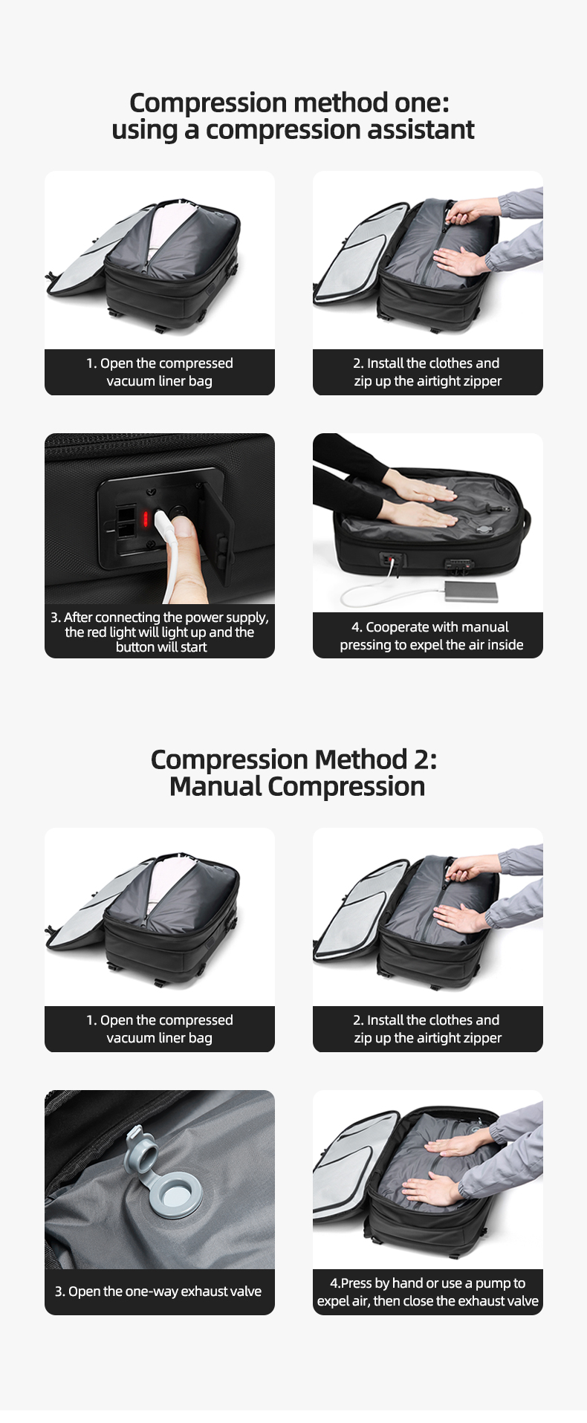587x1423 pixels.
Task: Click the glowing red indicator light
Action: [146, 518]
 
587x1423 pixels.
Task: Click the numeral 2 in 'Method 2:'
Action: [420, 759]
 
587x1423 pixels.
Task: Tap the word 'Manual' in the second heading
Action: [214, 786]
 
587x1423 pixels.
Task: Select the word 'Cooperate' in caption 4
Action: [401, 627]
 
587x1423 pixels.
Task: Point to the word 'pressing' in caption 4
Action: [368, 645]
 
